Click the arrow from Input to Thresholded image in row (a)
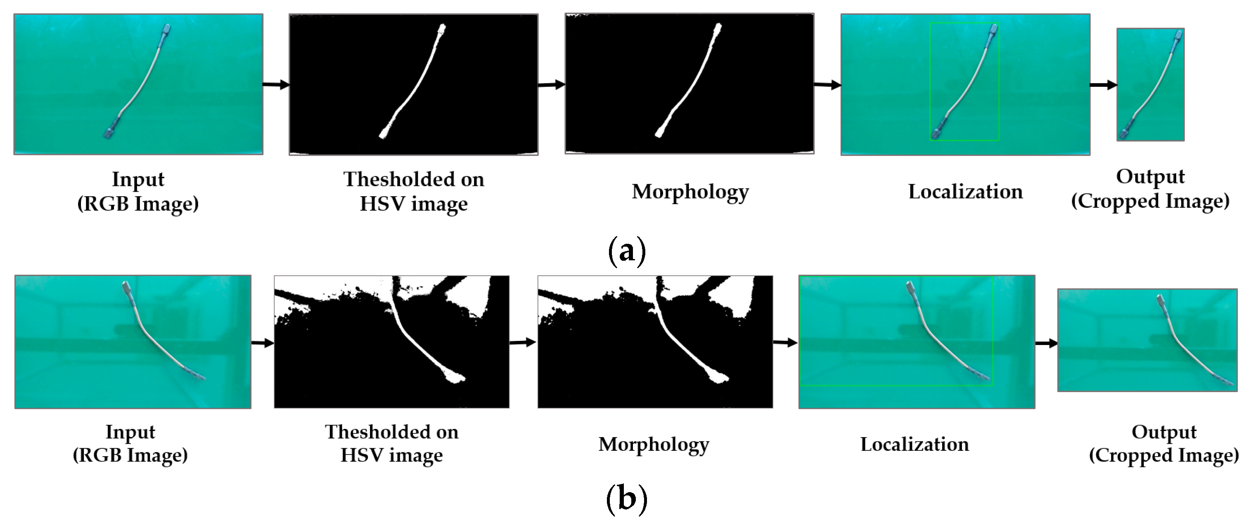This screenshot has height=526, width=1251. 276,85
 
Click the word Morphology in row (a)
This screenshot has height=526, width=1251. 690,192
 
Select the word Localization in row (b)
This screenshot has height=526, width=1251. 915,444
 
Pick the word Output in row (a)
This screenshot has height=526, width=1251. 1150,176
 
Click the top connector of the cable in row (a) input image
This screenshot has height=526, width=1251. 166,31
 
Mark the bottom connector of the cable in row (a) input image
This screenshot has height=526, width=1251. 109,132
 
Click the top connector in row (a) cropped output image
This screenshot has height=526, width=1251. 1176,36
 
